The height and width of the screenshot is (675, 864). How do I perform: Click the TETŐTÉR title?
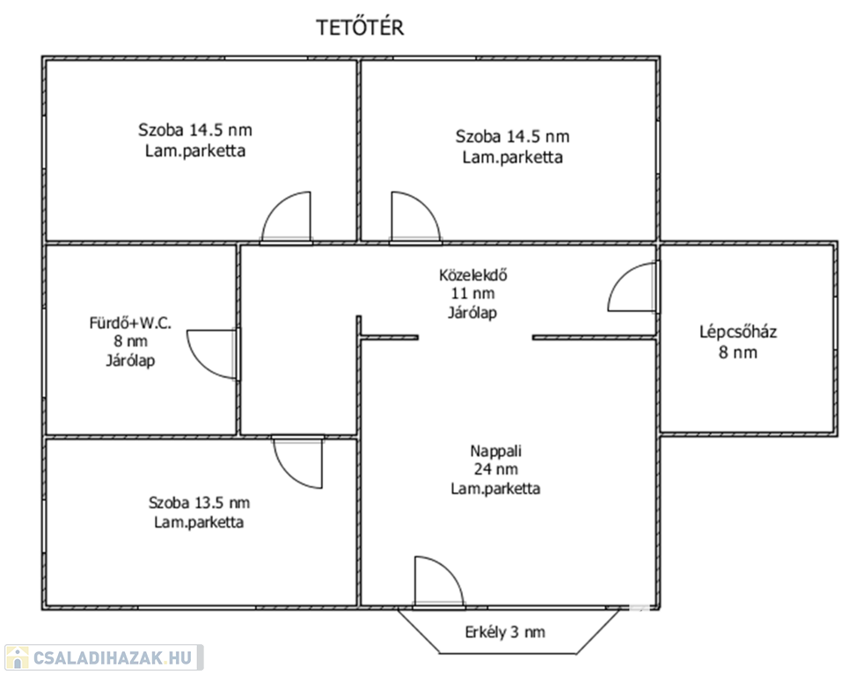[360, 27]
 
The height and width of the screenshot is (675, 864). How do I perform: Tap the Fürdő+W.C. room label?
[130, 323]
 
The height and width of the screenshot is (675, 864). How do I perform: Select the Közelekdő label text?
[472, 275]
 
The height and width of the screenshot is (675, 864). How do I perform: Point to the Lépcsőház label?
[738, 332]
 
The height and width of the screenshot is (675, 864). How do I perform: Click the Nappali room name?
[495, 451]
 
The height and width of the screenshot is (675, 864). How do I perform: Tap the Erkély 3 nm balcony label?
[505, 632]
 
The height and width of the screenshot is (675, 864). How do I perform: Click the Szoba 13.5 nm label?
[199, 503]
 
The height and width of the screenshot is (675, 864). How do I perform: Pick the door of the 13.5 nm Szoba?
[298, 461]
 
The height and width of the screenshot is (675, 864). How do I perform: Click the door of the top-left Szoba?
[286, 216]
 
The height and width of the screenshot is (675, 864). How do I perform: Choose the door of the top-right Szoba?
[415, 216]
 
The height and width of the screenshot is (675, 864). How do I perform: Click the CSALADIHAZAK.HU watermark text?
[113, 657]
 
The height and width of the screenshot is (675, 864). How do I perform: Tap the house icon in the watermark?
[17, 657]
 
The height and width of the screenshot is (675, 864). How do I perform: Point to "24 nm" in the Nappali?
[495, 469]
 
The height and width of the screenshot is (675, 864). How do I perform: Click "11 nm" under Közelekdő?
[472, 294]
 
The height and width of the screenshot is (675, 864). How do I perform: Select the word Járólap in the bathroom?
[130, 360]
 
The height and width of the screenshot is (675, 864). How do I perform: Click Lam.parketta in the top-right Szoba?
[512, 157]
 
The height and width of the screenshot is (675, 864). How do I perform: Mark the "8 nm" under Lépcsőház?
[738, 352]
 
